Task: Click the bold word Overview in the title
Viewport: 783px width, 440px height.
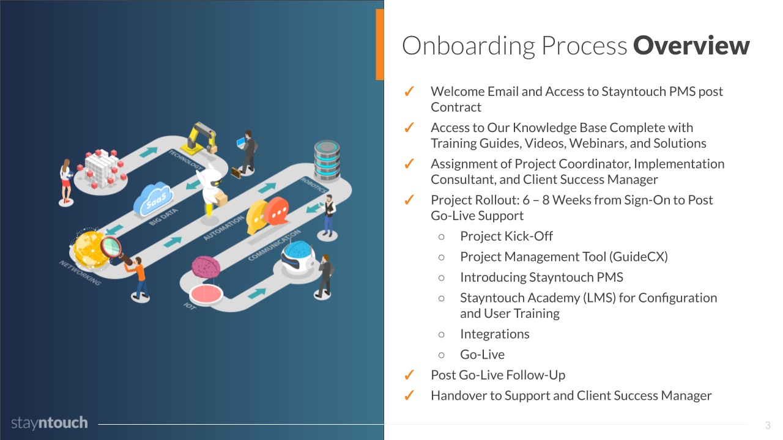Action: coord(691,46)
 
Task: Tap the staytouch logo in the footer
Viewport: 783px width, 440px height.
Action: coord(50,423)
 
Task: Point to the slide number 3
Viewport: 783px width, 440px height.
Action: coord(768,425)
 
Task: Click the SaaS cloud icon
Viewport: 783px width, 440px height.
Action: coord(153,197)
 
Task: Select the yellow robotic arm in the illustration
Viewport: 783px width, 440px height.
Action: coord(202,137)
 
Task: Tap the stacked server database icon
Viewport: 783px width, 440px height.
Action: coord(327,159)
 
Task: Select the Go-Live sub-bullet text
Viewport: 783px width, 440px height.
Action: coord(482,354)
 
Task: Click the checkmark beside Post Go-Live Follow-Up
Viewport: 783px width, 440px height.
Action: coord(410,375)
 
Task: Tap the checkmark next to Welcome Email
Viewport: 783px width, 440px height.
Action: coord(410,92)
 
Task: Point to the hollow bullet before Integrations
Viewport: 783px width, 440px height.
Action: coord(442,334)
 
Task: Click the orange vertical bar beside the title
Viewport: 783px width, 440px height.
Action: coord(380,45)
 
